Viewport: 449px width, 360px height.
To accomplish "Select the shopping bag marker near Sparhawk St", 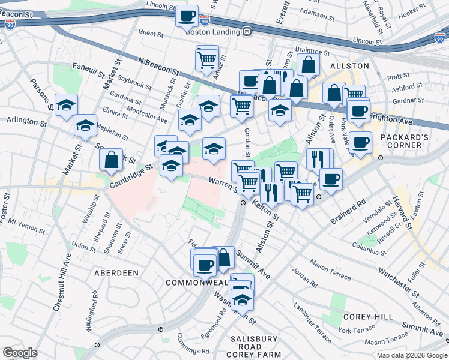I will (x=111, y=160).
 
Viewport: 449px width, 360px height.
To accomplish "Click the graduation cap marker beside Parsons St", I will (x=66, y=105).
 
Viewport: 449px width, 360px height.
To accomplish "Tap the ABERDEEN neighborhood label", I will (x=116, y=272).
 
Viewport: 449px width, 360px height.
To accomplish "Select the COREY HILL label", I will (x=368, y=316).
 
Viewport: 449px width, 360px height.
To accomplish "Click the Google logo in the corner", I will (x=20, y=353).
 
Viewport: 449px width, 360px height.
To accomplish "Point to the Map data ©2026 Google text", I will (x=411, y=355).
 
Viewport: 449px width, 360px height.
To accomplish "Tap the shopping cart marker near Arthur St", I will (x=206, y=59).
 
